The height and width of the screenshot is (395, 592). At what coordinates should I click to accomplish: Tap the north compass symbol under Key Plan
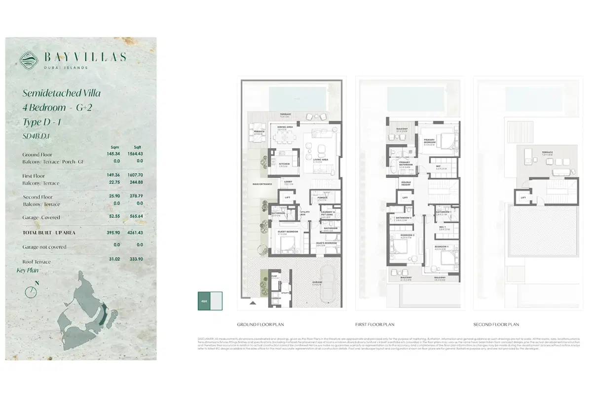click(x=31, y=291)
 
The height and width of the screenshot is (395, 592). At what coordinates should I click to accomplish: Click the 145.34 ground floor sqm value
click(x=113, y=154)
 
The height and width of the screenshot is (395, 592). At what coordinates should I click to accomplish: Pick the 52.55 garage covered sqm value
click(x=113, y=216)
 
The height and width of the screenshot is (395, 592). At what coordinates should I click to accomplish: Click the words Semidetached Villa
click(x=62, y=93)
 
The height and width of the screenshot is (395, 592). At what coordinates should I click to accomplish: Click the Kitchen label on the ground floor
click(x=284, y=164)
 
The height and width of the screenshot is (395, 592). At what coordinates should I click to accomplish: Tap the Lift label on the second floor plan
click(x=523, y=198)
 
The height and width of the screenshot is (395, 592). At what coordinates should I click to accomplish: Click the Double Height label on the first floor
click(x=406, y=183)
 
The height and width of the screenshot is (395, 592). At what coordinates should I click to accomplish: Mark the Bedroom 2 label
click(x=407, y=236)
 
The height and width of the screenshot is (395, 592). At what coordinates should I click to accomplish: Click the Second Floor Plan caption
click(x=496, y=324)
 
